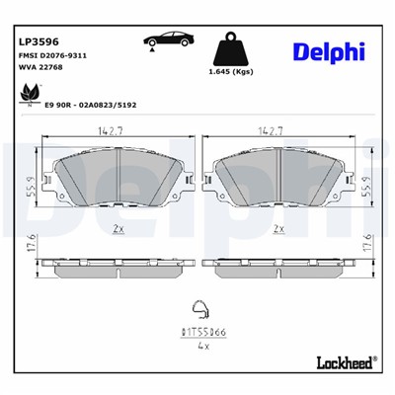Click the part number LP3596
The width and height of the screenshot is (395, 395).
[x=39, y=41]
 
